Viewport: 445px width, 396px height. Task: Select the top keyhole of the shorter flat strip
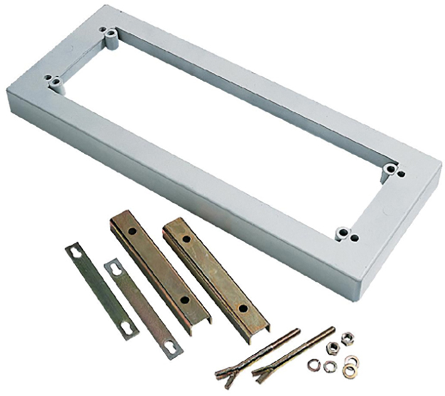tap(115, 269)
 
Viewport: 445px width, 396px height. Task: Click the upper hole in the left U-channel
tap(132, 231)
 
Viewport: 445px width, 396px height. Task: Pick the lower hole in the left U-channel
tap(185, 300)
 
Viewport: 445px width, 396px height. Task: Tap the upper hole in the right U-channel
tap(187, 238)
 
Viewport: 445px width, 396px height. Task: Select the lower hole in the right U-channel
tap(239, 308)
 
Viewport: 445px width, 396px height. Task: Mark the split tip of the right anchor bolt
tap(259, 375)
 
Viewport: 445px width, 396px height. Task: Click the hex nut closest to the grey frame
tap(346, 338)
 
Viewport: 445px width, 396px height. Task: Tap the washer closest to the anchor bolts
tap(313, 364)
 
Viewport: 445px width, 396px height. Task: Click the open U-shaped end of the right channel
tap(257, 333)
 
